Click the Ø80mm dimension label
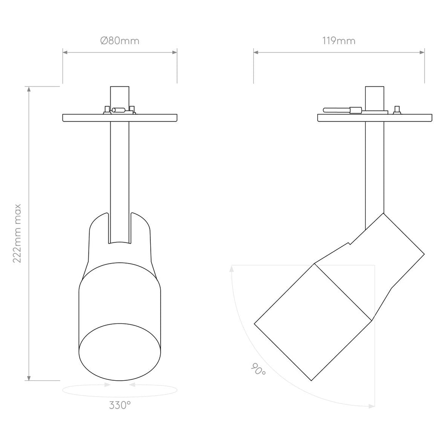pyautogui.click(x=120, y=41)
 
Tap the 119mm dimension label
pyautogui.click(x=339, y=41)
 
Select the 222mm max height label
pyautogui.click(x=17, y=233)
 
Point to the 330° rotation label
pyautogui.click(x=120, y=405)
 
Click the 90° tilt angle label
pyautogui.click(x=258, y=369)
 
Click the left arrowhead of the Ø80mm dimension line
pyautogui.click(x=65, y=52)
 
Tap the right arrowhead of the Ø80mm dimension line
pyautogui.click(x=175, y=52)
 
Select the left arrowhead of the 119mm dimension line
pyautogui.click(x=256, y=52)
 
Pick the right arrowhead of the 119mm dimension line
pyautogui.click(x=422, y=52)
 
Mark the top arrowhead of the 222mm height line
pyautogui.click(x=29, y=89)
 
